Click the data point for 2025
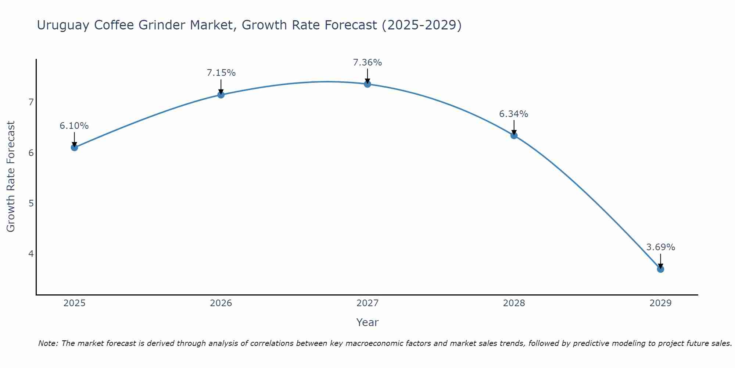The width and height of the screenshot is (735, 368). pos(74,148)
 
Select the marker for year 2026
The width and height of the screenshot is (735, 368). pos(221,95)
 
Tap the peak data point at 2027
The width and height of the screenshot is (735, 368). pos(367,84)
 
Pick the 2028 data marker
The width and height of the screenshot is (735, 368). pos(514,135)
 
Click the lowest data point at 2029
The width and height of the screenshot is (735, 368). pos(660,269)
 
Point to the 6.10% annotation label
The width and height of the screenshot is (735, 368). pos(74,126)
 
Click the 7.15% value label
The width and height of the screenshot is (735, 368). pos(221,73)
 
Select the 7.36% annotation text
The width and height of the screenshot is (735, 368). pos(367,63)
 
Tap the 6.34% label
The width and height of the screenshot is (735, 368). pos(513,114)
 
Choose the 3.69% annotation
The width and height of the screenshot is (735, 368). pos(660,247)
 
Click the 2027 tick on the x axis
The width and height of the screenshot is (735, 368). pos(367,303)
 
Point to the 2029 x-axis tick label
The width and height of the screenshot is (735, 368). pos(660,303)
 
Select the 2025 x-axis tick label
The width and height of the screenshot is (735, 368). pos(74,303)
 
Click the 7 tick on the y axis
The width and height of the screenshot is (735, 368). pos(31,102)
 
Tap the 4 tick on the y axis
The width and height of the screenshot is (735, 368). pos(31,254)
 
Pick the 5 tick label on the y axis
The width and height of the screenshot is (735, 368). pos(31,203)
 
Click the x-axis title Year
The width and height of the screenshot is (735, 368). pos(367,322)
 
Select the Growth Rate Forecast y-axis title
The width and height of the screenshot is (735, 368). pos(11,177)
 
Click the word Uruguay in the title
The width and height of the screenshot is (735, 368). pos(63,25)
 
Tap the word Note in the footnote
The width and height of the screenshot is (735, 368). pos(48,343)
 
